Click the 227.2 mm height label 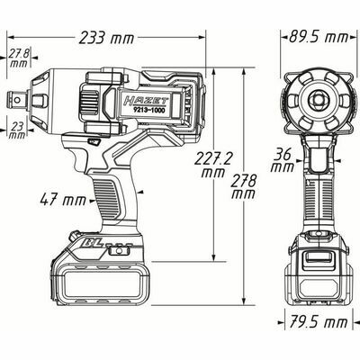tap(212, 163)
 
